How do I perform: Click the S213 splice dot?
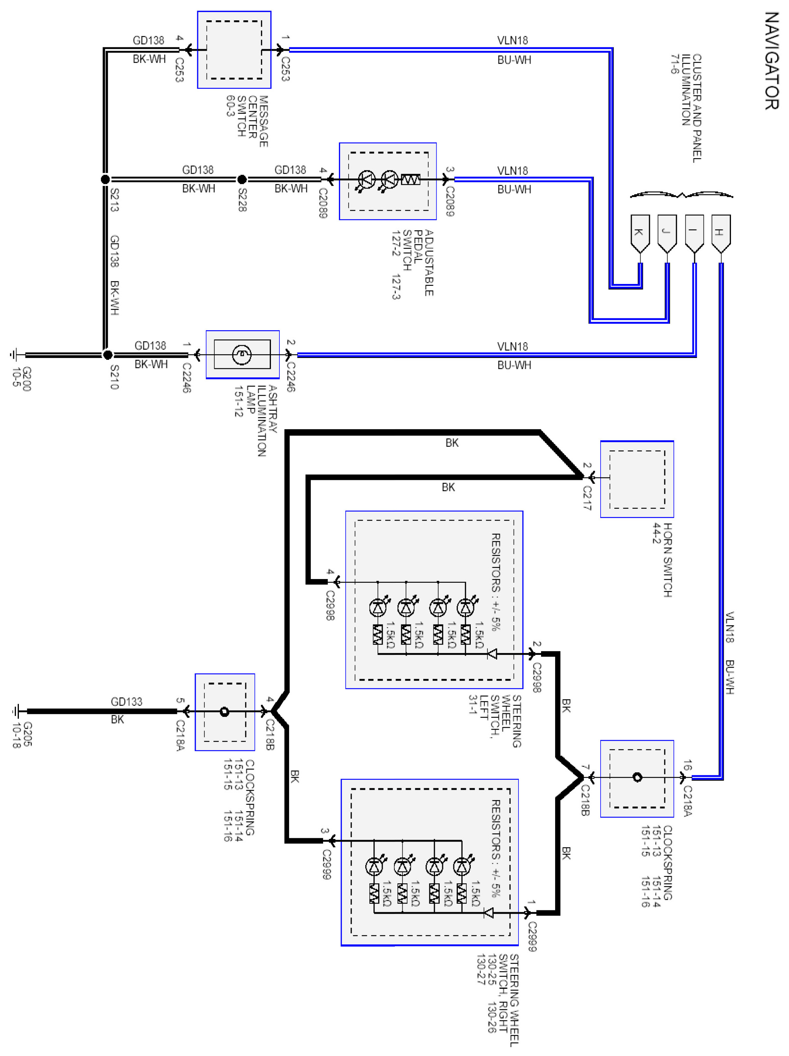point(105,179)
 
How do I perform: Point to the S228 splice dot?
point(242,179)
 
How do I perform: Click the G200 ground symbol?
point(14,355)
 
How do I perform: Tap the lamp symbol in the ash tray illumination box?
point(242,354)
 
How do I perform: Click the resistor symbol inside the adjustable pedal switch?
point(410,179)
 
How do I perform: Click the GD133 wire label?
point(127,701)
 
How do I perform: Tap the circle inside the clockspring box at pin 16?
point(638,777)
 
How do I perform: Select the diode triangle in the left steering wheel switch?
point(492,654)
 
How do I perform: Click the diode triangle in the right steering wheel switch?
point(488,913)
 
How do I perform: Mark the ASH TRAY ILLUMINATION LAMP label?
point(255,420)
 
